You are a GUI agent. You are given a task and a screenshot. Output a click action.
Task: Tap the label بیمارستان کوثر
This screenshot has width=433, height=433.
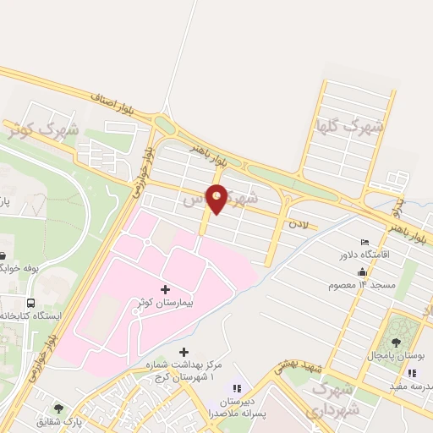tap(165, 302)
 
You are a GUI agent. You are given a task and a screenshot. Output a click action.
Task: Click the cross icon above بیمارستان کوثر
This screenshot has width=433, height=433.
tap(165, 289)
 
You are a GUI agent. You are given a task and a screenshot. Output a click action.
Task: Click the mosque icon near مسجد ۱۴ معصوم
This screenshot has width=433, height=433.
tap(363, 272)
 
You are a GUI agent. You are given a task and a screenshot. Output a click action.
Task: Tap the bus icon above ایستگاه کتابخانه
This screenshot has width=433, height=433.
tap(31, 303)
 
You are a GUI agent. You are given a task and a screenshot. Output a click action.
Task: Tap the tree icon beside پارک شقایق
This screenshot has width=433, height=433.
tap(58, 408)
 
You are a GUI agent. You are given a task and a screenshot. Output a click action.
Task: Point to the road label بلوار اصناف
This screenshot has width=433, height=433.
tap(117, 107)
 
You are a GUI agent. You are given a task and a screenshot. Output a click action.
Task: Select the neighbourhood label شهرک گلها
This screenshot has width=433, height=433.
tap(348, 127)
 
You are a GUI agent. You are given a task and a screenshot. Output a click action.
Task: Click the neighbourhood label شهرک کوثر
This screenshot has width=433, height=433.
tap(42, 130)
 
